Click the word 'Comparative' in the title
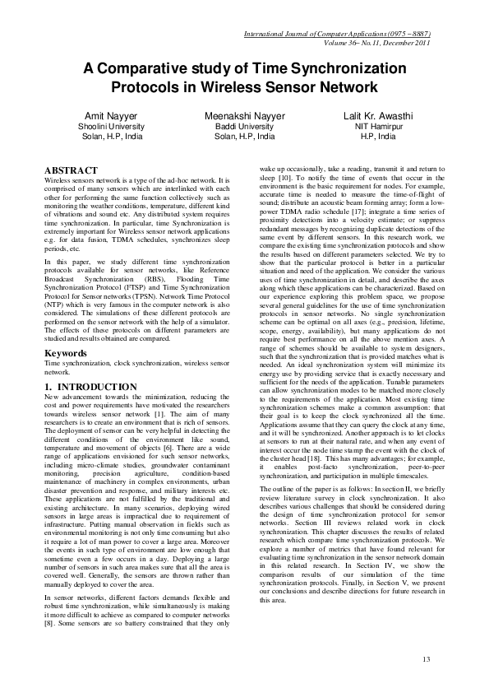[x=152, y=68]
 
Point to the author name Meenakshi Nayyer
[x=244, y=116]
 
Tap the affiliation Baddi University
[x=244, y=127]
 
